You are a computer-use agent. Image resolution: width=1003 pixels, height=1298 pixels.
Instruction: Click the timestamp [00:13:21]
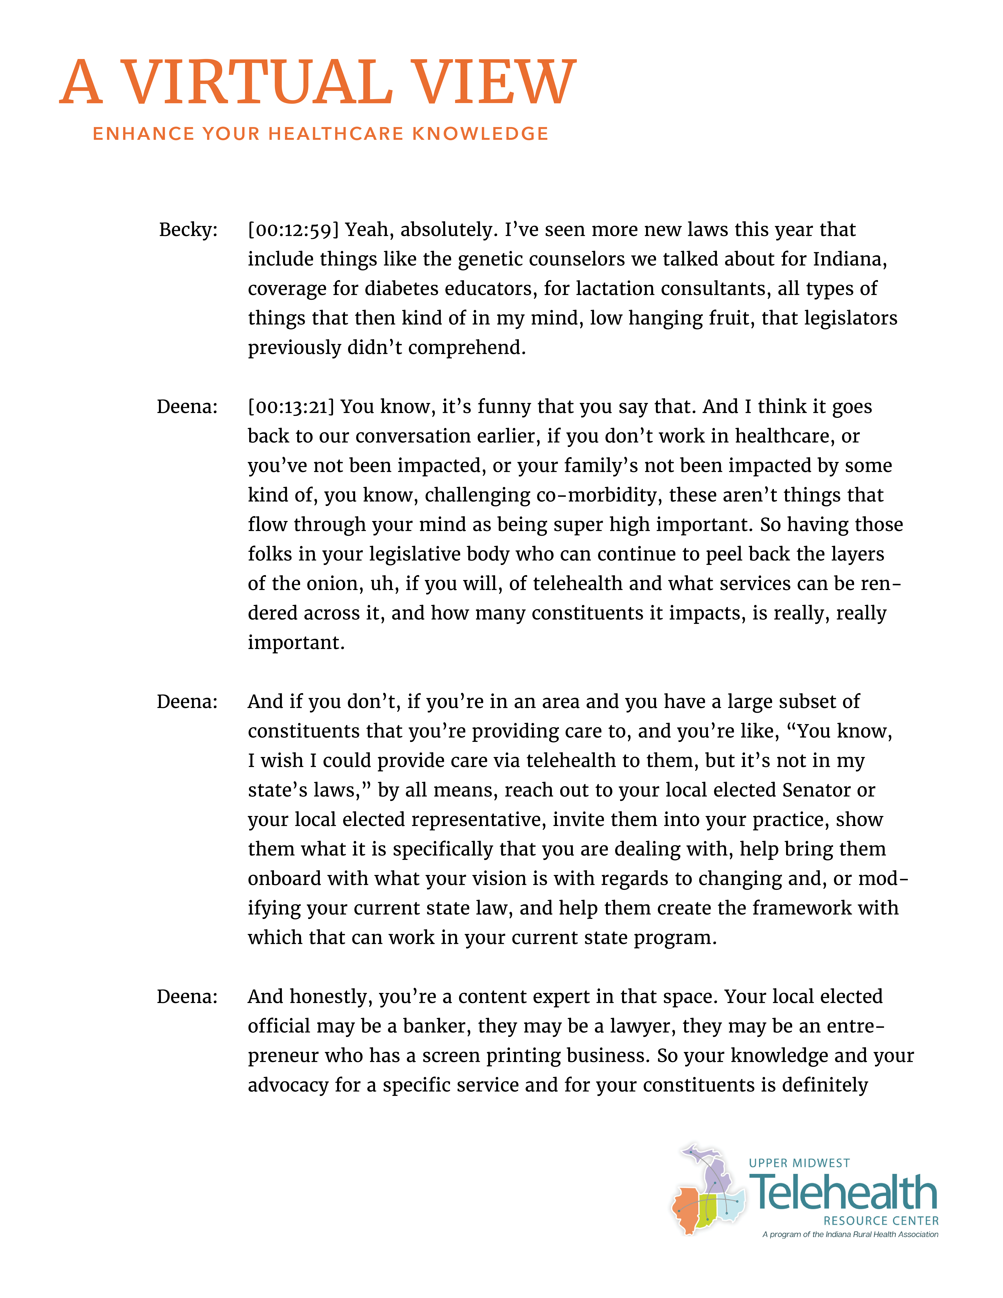pyautogui.click(x=291, y=407)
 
